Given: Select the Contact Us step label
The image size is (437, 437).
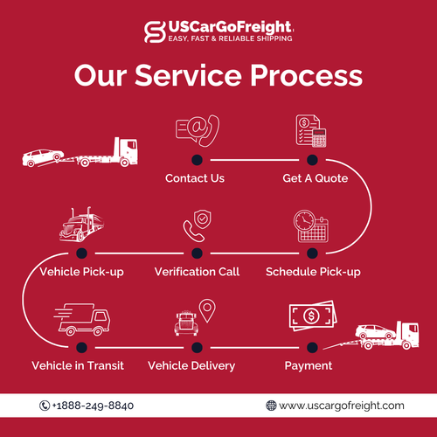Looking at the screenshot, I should [195, 178].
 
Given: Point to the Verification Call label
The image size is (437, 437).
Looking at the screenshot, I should [197, 272].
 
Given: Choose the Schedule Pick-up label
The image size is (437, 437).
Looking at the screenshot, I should [313, 272].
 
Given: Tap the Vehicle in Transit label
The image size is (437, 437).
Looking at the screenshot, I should [78, 365].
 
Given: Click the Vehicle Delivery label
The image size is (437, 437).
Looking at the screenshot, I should [191, 365].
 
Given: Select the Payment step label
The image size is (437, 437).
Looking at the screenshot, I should [309, 365].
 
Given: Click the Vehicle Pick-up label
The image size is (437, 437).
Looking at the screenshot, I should [82, 272].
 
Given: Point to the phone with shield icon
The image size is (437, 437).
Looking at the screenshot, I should [196, 226].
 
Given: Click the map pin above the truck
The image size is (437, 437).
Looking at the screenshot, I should [207, 309].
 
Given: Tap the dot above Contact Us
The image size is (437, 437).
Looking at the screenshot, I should [197, 159].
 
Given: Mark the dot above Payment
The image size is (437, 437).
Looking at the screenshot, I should [311, 345].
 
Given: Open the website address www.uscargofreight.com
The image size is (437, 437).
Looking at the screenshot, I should [342, 406].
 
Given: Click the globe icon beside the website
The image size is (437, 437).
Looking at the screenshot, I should [272, 406].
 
